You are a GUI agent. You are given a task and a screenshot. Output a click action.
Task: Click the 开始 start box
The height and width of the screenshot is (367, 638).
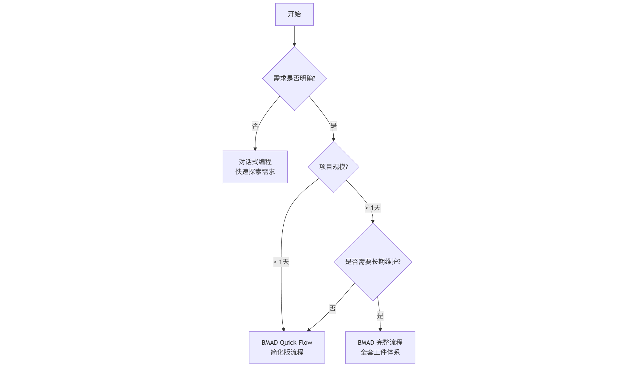294,14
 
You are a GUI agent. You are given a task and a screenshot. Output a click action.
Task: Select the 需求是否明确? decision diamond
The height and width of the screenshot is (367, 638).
294,79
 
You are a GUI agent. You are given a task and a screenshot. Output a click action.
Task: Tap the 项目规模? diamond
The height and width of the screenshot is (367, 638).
333,167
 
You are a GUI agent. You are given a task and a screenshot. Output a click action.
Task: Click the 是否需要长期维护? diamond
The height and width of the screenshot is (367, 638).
373,262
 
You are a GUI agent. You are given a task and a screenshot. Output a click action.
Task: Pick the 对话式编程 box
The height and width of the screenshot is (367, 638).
255,167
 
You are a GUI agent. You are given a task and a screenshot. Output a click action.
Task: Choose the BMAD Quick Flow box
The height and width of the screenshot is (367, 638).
287,347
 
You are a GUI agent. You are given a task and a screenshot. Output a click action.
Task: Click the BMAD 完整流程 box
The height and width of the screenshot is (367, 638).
380,347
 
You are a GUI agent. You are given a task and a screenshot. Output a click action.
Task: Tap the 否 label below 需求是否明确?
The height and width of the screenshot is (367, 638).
255,126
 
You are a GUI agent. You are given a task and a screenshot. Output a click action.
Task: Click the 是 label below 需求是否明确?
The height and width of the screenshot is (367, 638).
333,126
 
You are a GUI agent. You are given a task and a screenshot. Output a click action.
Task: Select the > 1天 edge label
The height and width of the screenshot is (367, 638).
373,208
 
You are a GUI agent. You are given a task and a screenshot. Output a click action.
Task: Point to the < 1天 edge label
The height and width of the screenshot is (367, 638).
281,262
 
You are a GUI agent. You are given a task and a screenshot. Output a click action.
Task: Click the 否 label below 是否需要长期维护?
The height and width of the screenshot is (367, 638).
332,309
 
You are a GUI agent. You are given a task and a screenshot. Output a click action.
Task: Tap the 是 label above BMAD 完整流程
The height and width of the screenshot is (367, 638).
380,316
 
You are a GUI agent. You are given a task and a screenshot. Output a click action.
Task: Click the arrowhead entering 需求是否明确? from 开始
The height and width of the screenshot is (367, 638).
294,45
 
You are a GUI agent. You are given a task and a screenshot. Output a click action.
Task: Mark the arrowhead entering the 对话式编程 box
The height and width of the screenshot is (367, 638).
255,149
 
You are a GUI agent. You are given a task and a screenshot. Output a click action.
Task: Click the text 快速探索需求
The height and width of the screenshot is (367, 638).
255,172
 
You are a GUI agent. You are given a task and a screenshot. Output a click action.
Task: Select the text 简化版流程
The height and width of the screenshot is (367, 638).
287,352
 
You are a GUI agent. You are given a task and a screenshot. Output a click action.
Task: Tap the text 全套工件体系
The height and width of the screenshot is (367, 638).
380,352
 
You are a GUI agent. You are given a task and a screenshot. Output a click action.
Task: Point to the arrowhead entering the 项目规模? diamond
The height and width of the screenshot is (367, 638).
333,140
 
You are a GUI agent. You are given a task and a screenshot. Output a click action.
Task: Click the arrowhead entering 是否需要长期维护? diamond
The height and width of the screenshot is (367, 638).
373,221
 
